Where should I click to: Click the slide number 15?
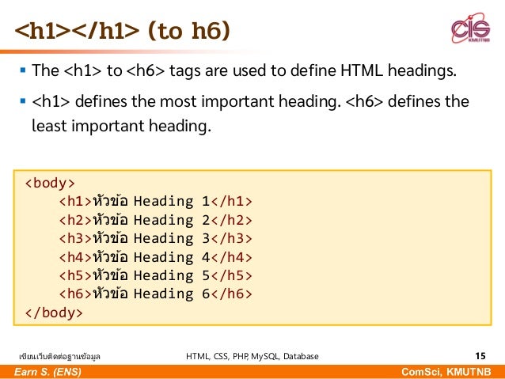pyautogui.click(x=480, y=356)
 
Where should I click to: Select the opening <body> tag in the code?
pyautogui.click(x=50, y=183)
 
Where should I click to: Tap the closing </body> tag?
pyautogui.click(x=53, y=313)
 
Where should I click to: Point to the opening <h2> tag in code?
pyautogui.click(x=74, y=220)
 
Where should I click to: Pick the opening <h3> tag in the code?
pyautogui.click(x=74, y=238)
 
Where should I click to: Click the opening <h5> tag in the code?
pyautogui.click(x=74, y=275)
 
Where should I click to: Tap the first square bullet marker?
pyautogui.click(x=21, y=74)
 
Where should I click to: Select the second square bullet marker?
pyautogui.click(x=21, y=102)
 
